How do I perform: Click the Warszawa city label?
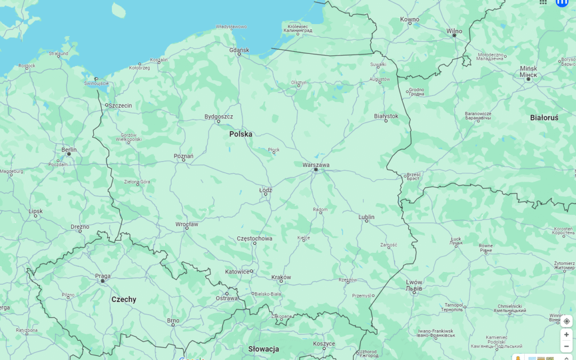pos(316,165)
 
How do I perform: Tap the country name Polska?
pos(241,134)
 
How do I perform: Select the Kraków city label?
pos(281,277)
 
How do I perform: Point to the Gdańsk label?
pos(239,50)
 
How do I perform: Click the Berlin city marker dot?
pos(69,154)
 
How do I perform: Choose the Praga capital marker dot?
pos(102,281)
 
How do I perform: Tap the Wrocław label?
pos(187,224)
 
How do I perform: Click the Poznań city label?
pos(183,156)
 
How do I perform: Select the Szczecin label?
pos(120,106)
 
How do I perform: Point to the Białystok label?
pos(386,116)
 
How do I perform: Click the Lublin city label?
pos(366,217)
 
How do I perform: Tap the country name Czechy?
pos(124,299)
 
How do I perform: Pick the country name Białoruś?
pos(544,117)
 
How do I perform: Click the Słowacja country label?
pos(263,349)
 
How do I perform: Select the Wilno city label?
pos(454,31)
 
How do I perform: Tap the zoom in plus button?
pos(566,334)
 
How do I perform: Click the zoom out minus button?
pos(566,346)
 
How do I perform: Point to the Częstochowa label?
pos(254,238)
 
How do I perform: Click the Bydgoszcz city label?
pos(219,116)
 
